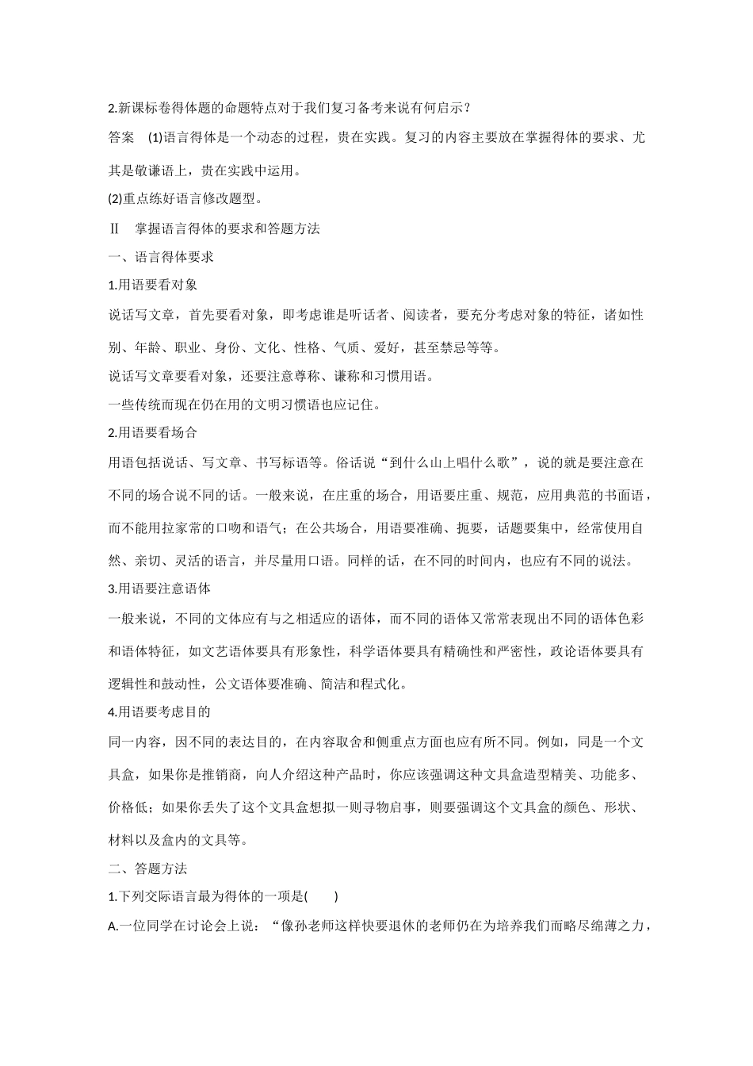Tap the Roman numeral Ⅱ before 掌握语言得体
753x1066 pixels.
(114, 228)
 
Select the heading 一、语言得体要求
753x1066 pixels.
(161, 257)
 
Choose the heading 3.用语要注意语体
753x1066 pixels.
(159, 589)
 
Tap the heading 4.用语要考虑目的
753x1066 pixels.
(159, 712)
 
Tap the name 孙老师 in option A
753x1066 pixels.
(324, 926)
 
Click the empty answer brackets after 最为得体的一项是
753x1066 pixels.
(322, 897)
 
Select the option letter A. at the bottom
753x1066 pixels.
(113, 926)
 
